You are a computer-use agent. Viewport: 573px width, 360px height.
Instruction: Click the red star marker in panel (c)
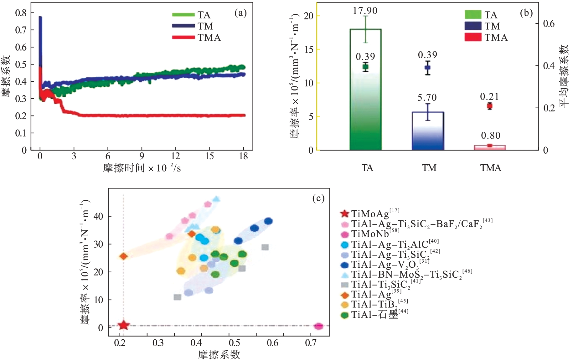[x=124, y=325]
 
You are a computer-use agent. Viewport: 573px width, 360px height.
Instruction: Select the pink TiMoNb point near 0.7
[x=318, y=326]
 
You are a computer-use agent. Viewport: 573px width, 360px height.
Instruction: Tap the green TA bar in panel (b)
[x=365, y=94]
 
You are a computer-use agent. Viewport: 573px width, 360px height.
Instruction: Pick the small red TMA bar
[x=490, y=147]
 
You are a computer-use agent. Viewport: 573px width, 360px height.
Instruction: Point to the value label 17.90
[x=365, y=11]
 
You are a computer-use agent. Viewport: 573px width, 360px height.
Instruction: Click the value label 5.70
[x=427, y=98]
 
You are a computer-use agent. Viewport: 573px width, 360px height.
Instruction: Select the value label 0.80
[x=491, y=136]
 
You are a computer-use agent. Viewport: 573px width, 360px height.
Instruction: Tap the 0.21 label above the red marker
[x=489, y=97]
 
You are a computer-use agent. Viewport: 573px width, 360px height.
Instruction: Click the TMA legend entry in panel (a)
[x=209, y=38]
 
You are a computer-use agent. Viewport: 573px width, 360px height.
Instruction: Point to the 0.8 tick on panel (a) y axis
[x=21, y=13]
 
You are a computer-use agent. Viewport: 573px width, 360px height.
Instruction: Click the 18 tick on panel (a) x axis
[x=243, y=156]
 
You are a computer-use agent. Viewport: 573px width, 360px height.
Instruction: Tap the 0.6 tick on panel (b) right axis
[x=549, y=24]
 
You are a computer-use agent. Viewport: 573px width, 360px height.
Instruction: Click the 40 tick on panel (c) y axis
[x=98, y=216]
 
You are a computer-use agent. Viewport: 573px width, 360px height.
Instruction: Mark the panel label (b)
[x=526, y=13]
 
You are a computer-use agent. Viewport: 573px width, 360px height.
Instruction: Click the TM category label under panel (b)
[x=429, y=168]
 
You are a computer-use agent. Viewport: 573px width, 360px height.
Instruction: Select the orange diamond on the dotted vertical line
[x=124, y=256]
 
